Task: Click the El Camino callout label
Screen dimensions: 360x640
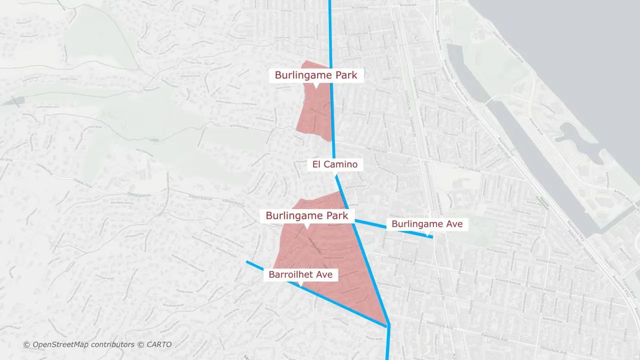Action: pyautogui.click(x=335, y=164)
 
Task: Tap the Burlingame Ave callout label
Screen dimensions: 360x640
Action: pyautogui.click(x=427, y=224)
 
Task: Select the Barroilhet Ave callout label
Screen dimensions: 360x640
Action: pyautogui.click(x=300, y=274)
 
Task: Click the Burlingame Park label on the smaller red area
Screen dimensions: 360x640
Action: pyautogui.click(x=316, y=75)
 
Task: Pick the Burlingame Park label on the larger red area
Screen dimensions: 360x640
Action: pyautogui.click(x=307, y=216)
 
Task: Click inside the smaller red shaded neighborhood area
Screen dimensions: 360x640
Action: pyautogui.click(x=315, y=112)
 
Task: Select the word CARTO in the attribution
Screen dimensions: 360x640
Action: pyautogui.click(x=159, y=344)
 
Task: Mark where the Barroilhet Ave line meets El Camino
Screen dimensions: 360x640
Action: pyautogui.click(x=388, y=326)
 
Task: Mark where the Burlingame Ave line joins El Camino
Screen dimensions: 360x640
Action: pyautogui.click(x=354, y=220)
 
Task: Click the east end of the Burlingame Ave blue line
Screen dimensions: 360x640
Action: pyautogui.click(x=432, y=237)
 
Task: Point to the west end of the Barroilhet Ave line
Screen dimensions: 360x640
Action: pyautogui.click(x=247, y=261)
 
